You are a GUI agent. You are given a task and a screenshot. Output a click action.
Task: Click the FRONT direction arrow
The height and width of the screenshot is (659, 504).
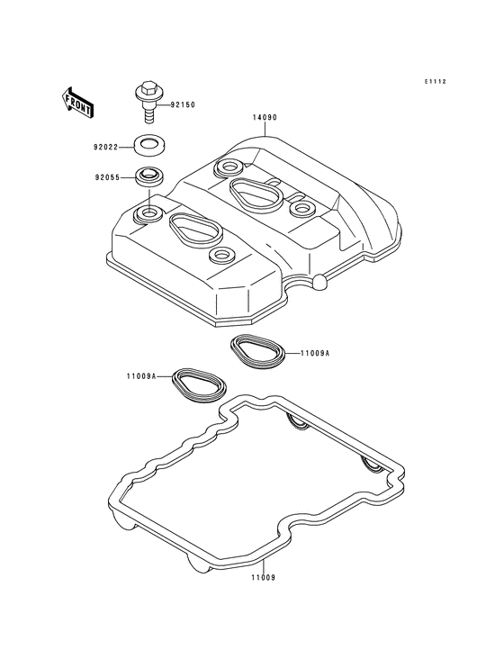[x=77, y=102]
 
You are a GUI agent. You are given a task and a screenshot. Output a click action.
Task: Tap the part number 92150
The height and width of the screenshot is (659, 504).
[x=183, y=104]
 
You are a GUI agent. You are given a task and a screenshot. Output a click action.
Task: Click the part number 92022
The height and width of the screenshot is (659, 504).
[x=106, y=148]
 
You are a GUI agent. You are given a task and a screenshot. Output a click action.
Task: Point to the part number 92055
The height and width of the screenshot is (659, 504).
[x=106, y=177]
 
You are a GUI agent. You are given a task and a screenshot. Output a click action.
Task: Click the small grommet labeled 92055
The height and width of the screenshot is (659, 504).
[x=149, y=176]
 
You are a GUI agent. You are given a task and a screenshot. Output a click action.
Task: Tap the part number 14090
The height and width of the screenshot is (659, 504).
[x=265, y=118]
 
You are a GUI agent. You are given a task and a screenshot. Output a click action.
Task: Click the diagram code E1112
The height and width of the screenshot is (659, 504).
[x=435, y=82]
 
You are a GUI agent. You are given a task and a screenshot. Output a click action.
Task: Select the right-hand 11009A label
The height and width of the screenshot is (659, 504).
[x=315, y=354]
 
